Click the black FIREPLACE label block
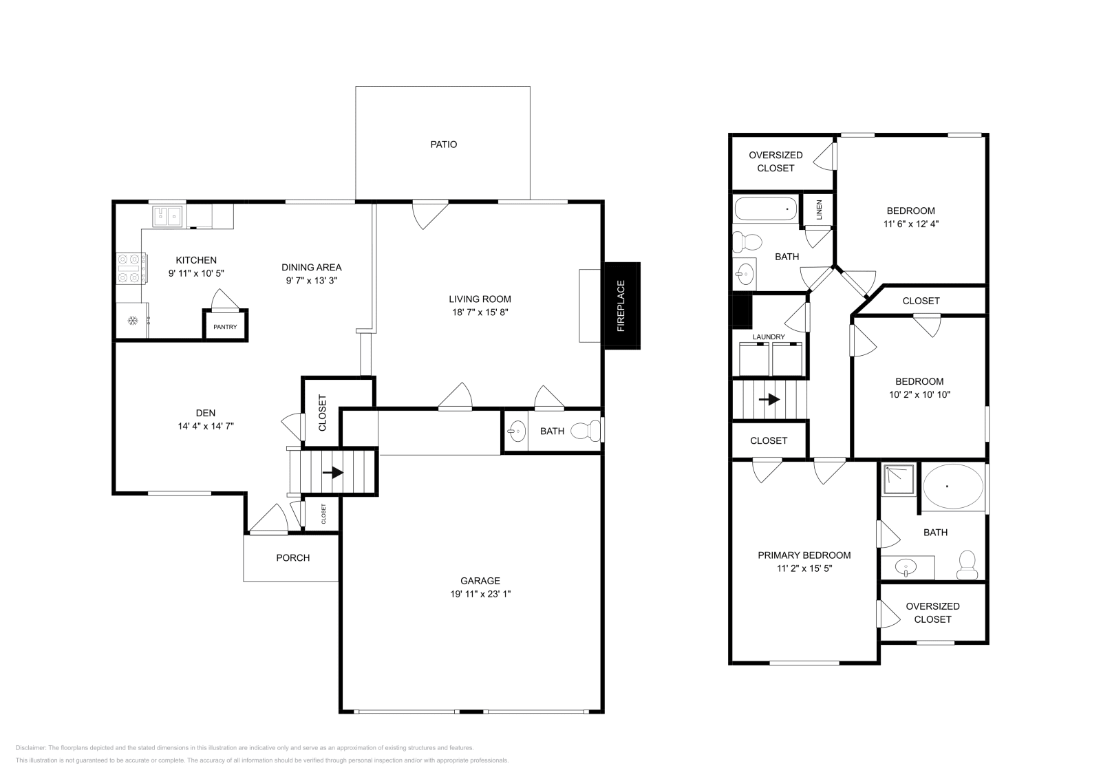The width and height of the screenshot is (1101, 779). coord(622,306)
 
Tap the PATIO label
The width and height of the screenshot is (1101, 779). coord(444,145)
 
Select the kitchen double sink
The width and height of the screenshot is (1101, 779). coord(168,216)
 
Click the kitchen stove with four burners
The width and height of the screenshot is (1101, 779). coord(131,268)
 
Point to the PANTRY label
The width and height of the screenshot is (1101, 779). coord(225,327)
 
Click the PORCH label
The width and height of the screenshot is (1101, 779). coord(293,557)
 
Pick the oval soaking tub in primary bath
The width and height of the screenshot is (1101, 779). coord(952,487)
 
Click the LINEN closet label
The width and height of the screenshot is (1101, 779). coord(819,210)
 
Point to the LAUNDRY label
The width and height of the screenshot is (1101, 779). coord(769,337)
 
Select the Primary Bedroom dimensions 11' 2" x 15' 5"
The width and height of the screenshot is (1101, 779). coord(804,568)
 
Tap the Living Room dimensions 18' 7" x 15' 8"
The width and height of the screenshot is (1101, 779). coord(480,312)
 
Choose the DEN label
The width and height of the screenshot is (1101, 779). coord(205,413)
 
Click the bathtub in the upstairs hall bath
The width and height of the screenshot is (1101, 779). coord(765,209)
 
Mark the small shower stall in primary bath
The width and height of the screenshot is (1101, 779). coord(899,480)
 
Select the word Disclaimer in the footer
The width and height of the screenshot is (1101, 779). coord(30,747)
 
